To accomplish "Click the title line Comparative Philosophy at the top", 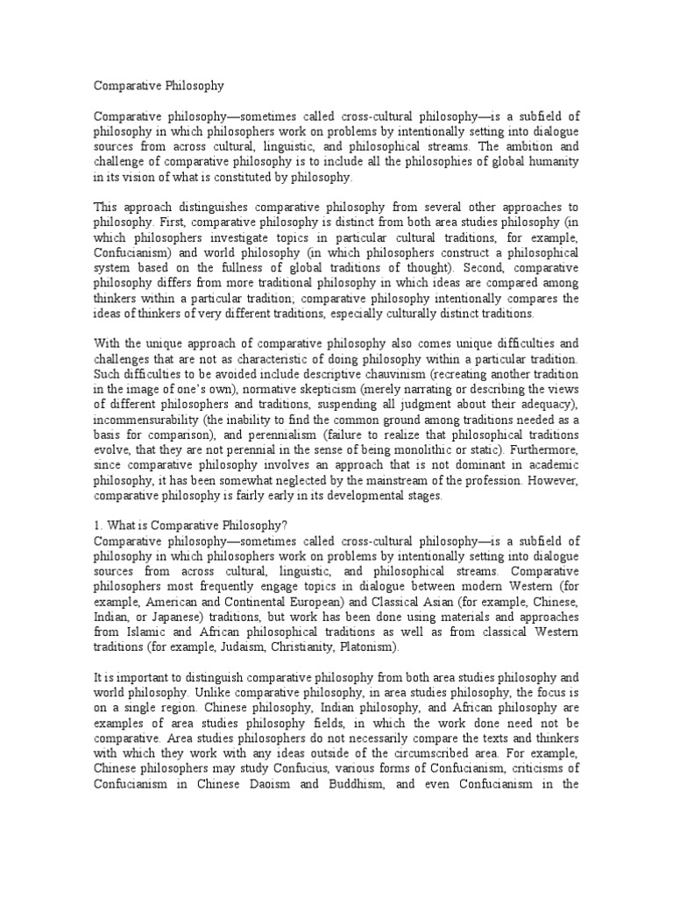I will (159, 86).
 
